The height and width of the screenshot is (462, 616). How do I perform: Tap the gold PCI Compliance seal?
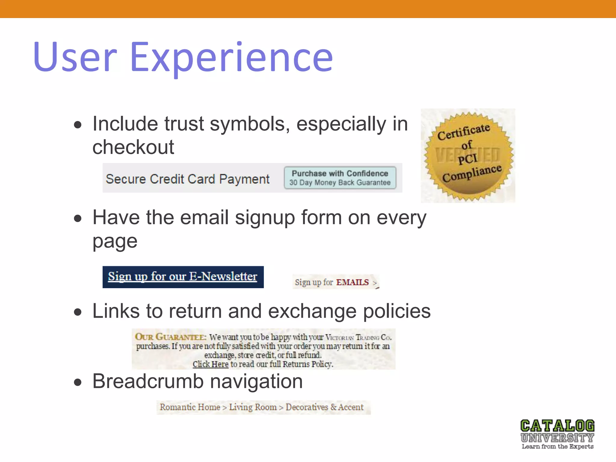(x=468, y=156)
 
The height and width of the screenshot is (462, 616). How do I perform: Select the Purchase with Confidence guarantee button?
(x=340, y=178)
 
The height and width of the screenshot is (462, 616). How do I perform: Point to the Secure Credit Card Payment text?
(x=188, y=179)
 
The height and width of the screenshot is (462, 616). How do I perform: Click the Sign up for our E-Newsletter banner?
(x=183, y=277)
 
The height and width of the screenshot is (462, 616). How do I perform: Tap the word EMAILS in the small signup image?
(x=352, y=282)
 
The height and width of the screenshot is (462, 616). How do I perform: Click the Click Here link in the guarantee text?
(x=211, y=364)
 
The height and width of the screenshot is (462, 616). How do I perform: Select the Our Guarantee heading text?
(x=170, y=337)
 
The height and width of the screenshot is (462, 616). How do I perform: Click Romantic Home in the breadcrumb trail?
(x=190, y=407)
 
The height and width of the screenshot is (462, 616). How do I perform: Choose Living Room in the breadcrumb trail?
(x=253, y=407)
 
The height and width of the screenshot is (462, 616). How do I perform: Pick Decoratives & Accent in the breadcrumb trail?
(x=325, y=407)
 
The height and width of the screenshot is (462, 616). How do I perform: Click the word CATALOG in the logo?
(x=557, y=426)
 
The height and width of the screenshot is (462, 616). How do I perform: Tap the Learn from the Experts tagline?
(x=557, y=447)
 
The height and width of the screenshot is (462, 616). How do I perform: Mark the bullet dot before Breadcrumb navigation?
(x=78, y=382)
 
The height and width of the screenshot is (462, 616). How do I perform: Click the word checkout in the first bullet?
(x=133, y=147)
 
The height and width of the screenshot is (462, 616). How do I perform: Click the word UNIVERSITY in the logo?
(x=557, y=438)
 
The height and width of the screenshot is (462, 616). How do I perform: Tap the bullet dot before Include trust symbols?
(x=78, y=125)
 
